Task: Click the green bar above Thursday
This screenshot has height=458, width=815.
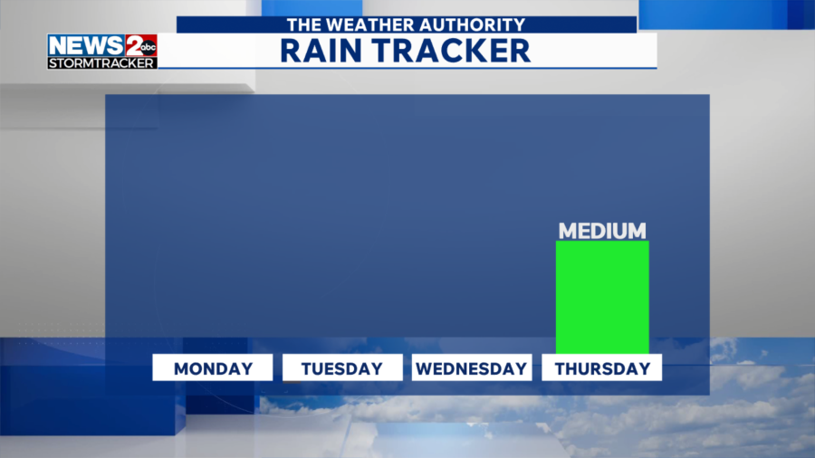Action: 602,297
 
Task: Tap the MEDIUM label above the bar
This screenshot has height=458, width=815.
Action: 602,231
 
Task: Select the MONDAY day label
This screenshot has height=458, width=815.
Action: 213,368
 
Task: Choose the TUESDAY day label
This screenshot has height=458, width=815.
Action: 342,368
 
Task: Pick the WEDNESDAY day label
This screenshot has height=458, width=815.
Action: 472,368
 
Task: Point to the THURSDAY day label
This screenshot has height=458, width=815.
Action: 602,368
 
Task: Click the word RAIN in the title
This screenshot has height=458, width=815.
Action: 321,51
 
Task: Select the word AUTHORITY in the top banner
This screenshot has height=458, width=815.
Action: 472,25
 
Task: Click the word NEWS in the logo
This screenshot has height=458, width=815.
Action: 86,45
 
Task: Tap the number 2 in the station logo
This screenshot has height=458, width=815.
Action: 133,45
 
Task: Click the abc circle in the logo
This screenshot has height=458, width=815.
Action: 149,47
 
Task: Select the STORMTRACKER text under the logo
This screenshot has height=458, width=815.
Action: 101,62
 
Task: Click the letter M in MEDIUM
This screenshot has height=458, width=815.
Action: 568,231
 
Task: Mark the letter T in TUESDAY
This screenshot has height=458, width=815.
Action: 307,368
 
